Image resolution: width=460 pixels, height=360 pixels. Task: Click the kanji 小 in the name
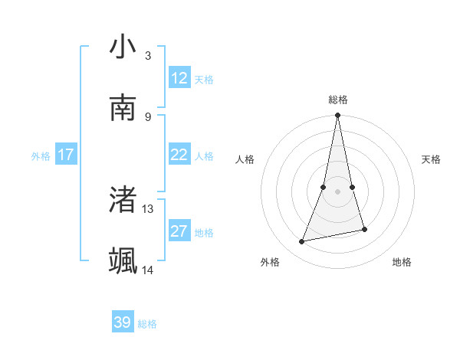pos(123,47)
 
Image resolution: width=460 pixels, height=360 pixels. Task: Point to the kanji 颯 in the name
pos(123,260)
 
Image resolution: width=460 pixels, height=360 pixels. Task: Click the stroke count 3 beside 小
pos(147,55)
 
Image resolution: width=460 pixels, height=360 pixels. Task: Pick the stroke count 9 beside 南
pos(147,116)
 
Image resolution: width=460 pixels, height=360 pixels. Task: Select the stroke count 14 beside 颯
pos(148,270)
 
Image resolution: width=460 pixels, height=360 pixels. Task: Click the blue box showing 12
pos(179,77)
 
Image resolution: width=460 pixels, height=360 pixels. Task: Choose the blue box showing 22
pos(179,155)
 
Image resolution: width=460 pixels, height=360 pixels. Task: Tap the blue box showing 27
pos(179,231)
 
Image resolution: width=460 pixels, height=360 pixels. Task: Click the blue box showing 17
pos(66,155)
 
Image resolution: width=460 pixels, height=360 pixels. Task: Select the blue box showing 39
pos(123,322)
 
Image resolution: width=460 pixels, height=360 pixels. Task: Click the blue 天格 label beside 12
pos(204,80)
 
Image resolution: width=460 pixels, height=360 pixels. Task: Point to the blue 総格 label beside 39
pos(147,324)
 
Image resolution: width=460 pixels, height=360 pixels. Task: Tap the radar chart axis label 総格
pos(337,100)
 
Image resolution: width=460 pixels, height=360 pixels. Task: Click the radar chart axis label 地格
pos(402,262)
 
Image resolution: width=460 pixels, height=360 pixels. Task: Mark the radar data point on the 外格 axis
pos(302,242)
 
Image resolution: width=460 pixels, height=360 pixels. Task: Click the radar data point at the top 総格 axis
pos(337,116)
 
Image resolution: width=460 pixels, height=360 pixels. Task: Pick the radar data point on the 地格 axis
pos(364,229)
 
